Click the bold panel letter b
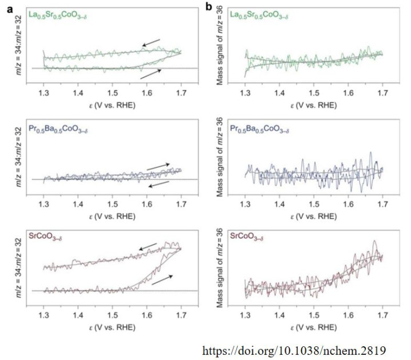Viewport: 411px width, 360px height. coord(225,6)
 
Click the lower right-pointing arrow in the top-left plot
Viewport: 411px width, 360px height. coord(150,73)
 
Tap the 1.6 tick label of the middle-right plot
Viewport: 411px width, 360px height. coord(348,204)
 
